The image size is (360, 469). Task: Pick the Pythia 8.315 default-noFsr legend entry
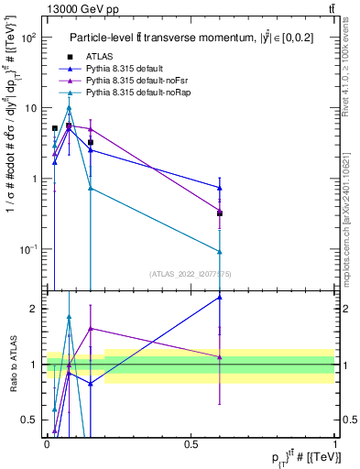click(x=134, y=81)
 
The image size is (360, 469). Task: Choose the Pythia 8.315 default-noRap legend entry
click(x=136, y=93)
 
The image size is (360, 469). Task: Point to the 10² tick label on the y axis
click(x=30, y=38)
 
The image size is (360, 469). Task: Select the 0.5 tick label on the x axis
click(x=191, y=443)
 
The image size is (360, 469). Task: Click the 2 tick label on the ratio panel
click(x=35, y=309)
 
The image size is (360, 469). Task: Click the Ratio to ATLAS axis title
click(x=13, y=365)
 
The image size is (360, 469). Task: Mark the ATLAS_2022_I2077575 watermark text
click(x=190, y=274)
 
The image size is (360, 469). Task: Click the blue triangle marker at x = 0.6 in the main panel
click(x=220, y=188)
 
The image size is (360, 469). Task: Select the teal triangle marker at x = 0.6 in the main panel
click(x=220, y=252)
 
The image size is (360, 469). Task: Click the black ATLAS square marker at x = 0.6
click(x=220, y=213)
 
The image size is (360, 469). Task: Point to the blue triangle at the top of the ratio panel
click(x=220, y=297)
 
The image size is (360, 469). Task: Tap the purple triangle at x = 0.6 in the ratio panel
click(x=220, y=356)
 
